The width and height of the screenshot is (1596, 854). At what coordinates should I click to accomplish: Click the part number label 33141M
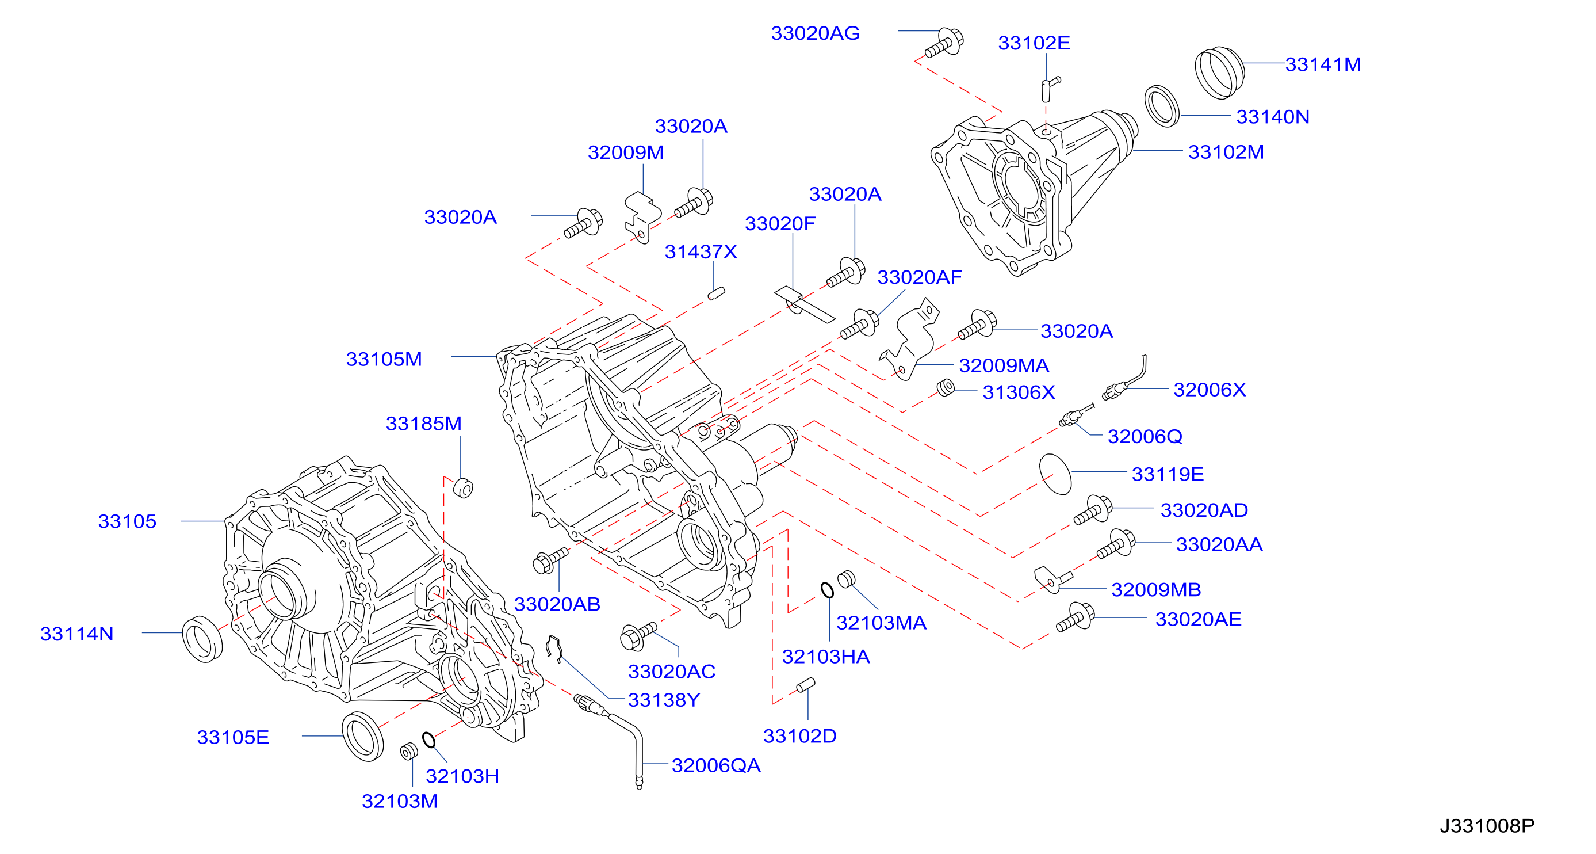tap(1323, 64)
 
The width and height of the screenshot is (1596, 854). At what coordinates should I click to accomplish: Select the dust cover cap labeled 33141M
tap(1219, 73)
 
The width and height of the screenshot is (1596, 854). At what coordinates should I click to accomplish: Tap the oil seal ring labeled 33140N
tap(1162, 106)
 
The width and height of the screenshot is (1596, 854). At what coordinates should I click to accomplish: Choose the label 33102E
tap(1034, 43)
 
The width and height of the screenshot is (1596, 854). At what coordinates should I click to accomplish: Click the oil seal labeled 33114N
tap(202, 639)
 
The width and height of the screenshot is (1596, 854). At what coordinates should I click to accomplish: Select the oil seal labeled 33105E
tap(362, 736)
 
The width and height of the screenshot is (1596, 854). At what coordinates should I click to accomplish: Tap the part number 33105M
tap(384, 359)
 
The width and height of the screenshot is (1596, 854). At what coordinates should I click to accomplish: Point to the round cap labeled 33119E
tap(1055, 474)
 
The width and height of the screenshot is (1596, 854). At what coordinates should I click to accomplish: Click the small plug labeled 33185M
tap(463, 488)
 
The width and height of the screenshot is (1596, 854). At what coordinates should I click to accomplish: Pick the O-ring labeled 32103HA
tap(827, 590)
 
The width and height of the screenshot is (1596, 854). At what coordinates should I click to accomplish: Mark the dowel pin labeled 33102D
tap(805, 685)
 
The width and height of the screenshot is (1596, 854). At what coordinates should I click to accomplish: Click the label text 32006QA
tap(715, 765)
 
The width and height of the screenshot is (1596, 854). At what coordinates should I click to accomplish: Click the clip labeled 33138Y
tap(554, 648)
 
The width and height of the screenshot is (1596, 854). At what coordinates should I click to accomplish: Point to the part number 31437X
tap(701, 251)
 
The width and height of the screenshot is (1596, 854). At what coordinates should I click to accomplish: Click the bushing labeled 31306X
tap(946, 388)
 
